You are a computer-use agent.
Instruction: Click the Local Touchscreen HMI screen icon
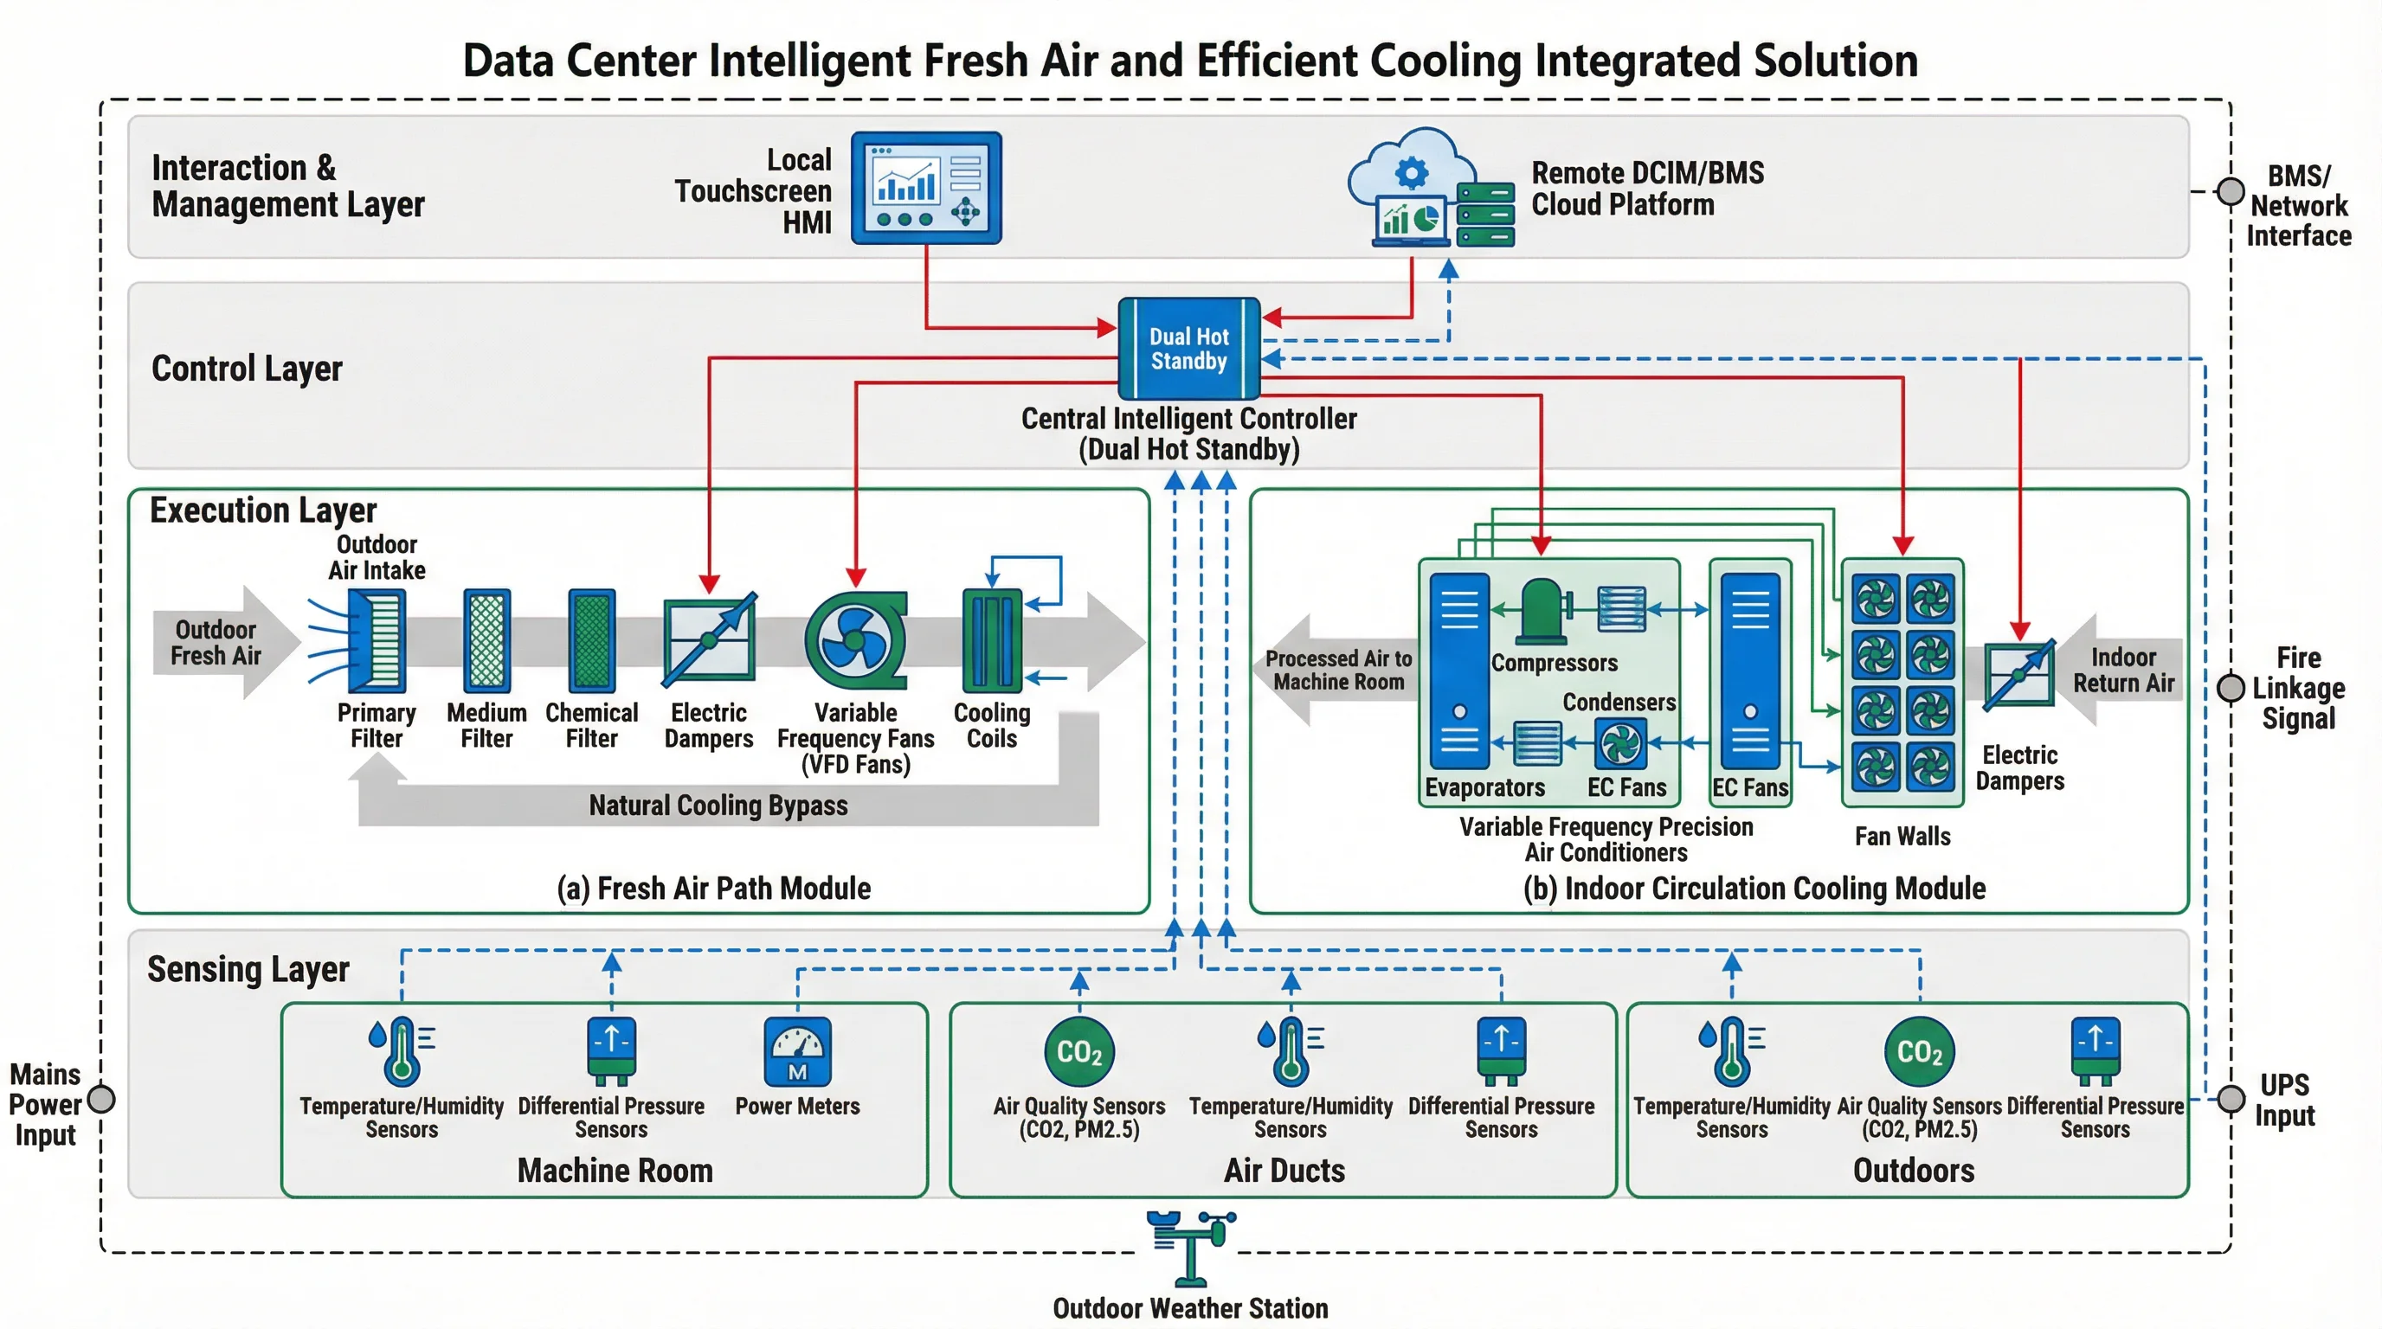[x=925, y=188]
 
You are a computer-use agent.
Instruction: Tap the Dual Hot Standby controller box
[x=1188, y=349]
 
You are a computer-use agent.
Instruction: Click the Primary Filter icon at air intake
[x=377, y=641]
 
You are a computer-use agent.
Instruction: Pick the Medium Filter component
[x=486, y=641]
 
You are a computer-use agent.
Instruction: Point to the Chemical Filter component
[x=592, y=641]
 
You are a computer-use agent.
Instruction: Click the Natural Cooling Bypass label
[x=718, y=805]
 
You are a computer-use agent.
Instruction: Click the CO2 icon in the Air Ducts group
[x=1079, y=1052]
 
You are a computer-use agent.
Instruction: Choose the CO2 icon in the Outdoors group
[x=1920, y=1052]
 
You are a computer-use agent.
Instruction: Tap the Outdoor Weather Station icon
[x=1190, y=1248]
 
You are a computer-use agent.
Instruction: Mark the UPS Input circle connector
[x=2231, y=1099]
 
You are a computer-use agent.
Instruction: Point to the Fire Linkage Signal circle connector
[x=2231, y=688]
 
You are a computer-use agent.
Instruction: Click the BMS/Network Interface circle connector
[x=2231, y=191]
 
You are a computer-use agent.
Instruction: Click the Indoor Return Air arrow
[x=2123, y=670]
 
